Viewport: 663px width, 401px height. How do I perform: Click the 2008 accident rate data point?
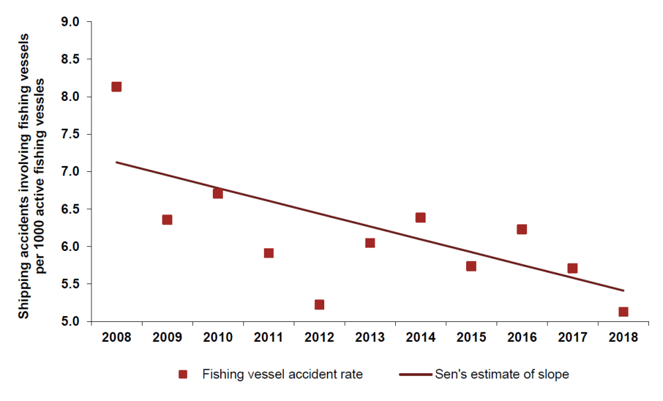116,87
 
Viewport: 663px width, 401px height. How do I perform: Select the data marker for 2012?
319,305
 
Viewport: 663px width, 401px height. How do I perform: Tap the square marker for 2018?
623,312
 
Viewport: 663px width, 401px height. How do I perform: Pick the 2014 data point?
420,218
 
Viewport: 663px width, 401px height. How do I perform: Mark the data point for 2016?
522,230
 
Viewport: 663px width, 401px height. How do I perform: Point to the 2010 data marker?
217,193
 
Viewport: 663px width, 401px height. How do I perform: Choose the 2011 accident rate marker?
269,253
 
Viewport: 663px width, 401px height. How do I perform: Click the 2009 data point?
167,220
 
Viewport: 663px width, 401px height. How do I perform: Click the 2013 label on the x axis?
370,337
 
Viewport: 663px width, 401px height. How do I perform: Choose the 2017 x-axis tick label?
573,337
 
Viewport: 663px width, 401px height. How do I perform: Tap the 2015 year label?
471,337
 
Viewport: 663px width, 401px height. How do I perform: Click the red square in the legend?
184,374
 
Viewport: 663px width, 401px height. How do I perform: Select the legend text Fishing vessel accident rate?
282,374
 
